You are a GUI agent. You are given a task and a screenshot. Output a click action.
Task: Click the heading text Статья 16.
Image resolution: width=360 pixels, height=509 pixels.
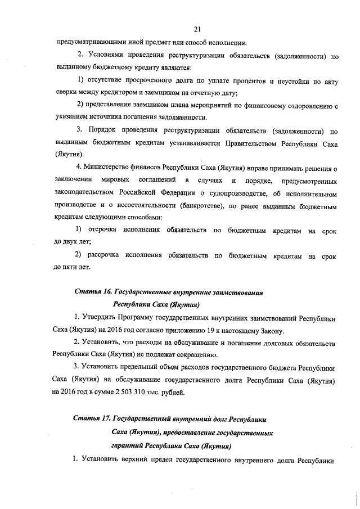[x=93, y=292]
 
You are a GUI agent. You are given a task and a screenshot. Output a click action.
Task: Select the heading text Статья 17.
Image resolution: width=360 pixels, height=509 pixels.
[x=92, y=420]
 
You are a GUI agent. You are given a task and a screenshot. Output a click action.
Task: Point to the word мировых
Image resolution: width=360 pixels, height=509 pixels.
[x=116, y=181]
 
